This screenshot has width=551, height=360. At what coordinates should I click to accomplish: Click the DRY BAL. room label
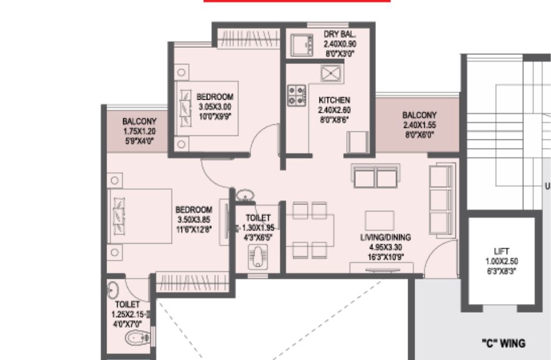coord(340,34)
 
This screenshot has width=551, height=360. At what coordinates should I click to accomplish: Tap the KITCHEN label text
coord(334,100)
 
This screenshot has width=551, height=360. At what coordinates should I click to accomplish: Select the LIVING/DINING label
coord(386,237)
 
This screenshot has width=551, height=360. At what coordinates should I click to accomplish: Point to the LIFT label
coord(501,251)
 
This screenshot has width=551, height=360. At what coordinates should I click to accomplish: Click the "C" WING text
coord(504,343)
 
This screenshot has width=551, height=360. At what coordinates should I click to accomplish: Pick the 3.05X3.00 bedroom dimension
coord(215,107)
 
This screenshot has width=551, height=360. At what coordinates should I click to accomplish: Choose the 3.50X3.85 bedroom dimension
coord(194,219)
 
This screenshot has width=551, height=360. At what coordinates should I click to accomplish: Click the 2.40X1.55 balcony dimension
coord(420,125)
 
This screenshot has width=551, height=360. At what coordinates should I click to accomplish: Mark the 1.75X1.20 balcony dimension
coord(139,131)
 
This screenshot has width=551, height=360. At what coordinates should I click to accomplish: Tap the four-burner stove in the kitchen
coord(297,95)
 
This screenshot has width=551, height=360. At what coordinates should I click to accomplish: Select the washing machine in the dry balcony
coord(302,44)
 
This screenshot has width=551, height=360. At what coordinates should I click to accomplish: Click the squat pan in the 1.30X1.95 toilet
coord(259,257)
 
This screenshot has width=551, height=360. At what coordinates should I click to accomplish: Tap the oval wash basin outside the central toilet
coord(245,195)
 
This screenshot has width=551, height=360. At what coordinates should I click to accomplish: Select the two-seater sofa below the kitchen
coord(375,176)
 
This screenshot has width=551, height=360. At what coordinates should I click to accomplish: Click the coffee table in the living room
coord(379,221)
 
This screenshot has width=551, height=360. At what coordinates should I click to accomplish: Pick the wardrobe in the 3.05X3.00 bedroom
coord(249,39)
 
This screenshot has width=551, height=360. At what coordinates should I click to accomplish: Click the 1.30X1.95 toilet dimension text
coord(259,228)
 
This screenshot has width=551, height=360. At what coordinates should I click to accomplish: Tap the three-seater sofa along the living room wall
coord(442,200)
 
